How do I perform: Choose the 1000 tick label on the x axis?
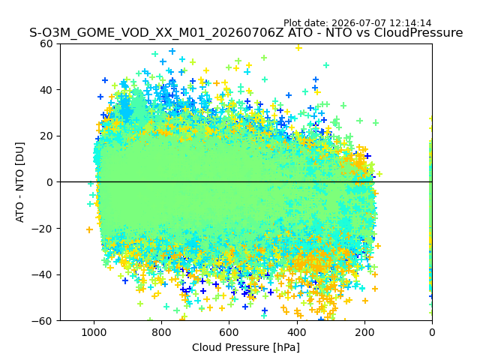[94, 332]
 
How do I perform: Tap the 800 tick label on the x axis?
[162, 332]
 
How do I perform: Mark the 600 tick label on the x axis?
[229, 332]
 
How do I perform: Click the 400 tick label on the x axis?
[297, 332]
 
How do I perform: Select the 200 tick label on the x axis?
[364, 332]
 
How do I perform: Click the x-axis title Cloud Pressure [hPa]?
[246, 347]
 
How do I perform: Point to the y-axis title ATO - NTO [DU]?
[20, 182]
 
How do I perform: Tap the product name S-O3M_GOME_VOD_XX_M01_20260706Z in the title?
[157, 33]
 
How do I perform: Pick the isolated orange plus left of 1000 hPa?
[89, 229]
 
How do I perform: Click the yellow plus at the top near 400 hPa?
[298, 47]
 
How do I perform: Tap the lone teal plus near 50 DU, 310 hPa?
[326, 65]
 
